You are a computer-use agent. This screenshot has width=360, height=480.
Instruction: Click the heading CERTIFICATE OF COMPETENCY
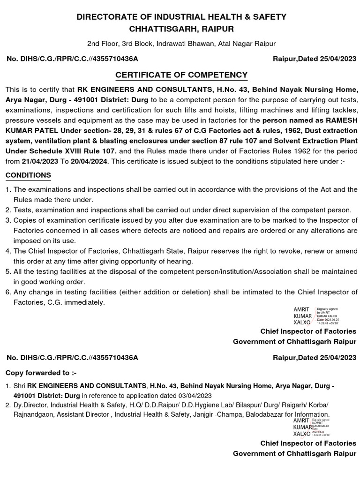181,75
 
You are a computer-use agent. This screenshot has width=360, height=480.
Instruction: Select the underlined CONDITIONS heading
28,175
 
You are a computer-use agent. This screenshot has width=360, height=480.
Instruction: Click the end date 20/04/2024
89,160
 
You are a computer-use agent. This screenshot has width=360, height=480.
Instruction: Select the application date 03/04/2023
183,395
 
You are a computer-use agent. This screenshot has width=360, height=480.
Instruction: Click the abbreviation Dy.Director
31,405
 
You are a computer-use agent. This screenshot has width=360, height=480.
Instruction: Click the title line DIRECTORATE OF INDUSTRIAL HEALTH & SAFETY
181,17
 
